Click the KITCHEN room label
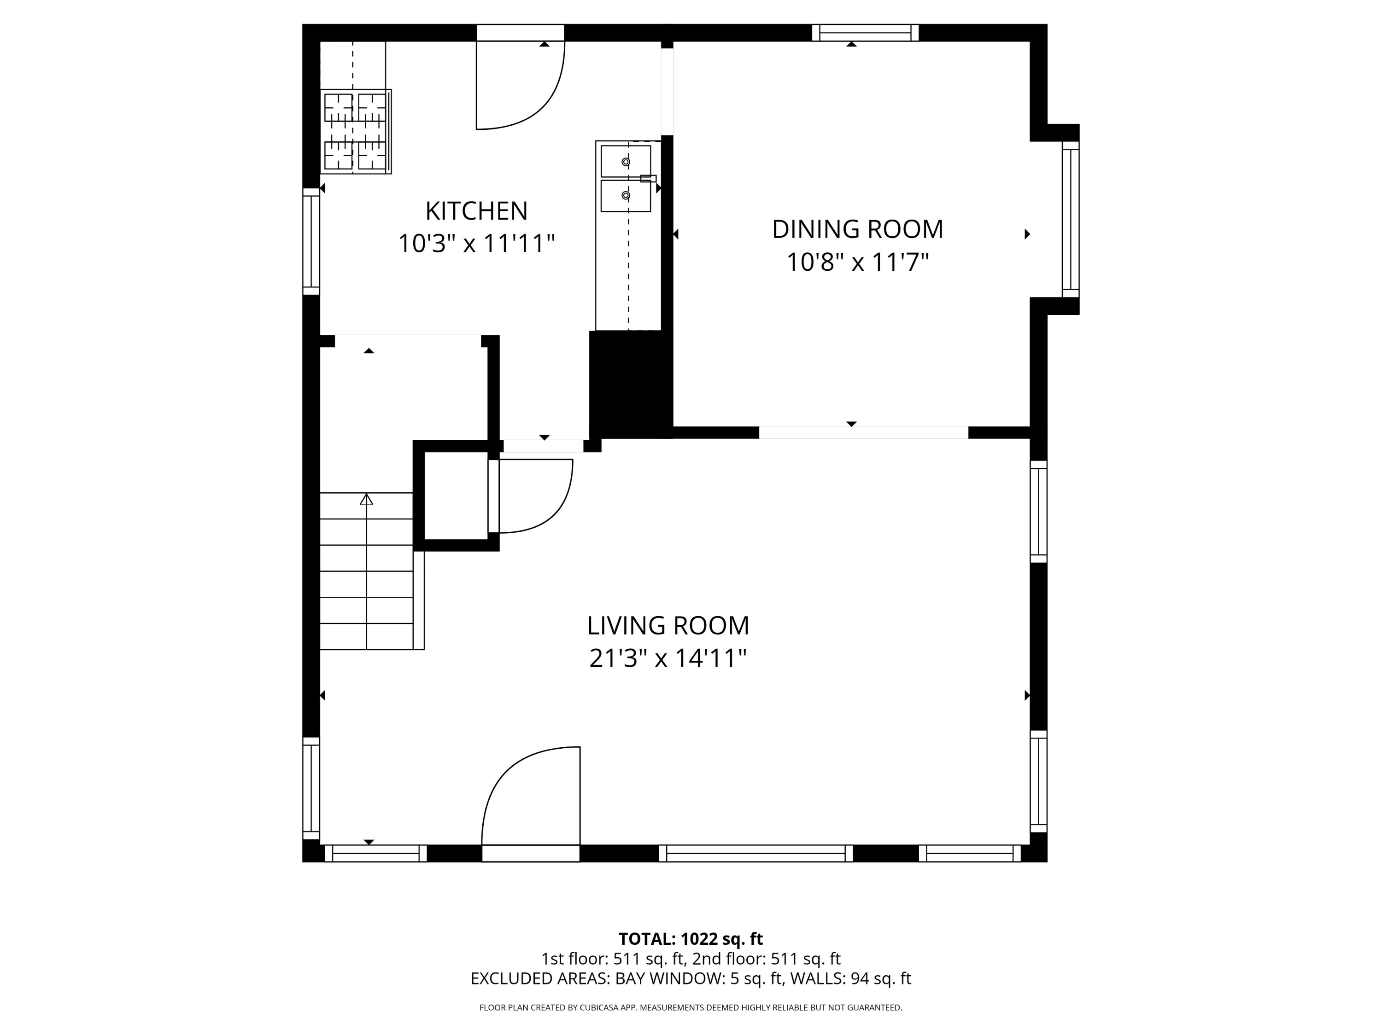pos(476,211)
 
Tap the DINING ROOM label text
pos(857,229)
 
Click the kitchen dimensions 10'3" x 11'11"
pos(476,244)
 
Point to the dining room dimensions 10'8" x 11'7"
pos(857,262)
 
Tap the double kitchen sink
pos(626,179)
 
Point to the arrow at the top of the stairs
pos(366,499)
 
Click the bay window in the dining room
pos(1070,219)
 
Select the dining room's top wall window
pos(865,33)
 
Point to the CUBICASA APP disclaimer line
pos(691,1007)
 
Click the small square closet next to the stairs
pos(456,495)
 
